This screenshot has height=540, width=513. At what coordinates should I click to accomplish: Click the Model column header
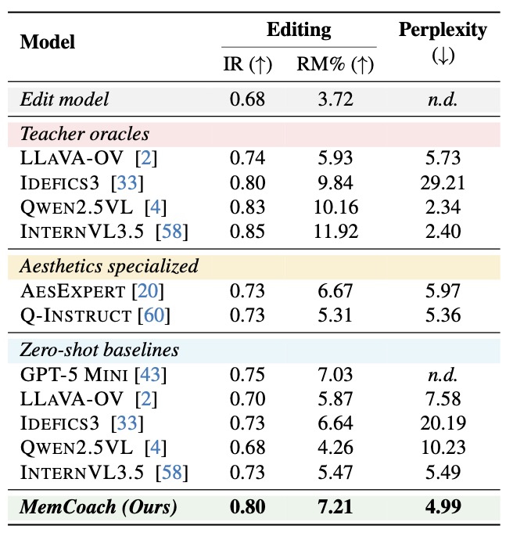[47, 42]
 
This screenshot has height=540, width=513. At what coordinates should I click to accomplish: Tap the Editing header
[299, 30]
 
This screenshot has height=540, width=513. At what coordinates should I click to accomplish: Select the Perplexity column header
[443, 31]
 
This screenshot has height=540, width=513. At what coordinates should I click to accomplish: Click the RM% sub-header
[335, 66]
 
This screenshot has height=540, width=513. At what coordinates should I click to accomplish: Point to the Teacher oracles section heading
[84, 133]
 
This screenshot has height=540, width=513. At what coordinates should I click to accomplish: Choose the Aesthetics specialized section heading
[109, 266]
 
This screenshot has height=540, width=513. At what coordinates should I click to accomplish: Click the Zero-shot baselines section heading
[101, 349]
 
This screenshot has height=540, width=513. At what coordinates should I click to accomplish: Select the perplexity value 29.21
[443, 183]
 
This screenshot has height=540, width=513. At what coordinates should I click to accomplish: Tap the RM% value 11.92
[335, 232]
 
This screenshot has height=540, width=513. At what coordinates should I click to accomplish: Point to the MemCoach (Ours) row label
[99, 507]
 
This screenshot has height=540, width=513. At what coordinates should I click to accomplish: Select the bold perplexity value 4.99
[443, 507]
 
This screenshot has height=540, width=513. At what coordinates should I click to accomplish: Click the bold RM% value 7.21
[335, 507]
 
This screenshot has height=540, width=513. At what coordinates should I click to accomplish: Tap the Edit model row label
[65, 99]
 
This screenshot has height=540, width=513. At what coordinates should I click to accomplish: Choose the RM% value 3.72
[335, 99]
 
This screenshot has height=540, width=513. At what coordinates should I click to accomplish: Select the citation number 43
[150, 374]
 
